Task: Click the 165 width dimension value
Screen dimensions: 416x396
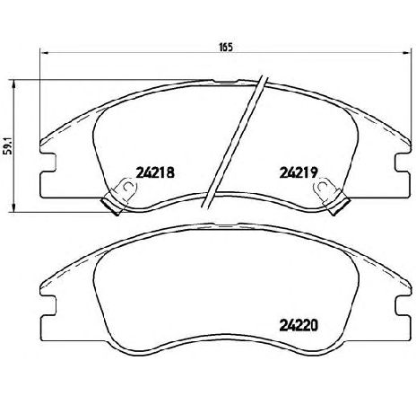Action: click(226, 48)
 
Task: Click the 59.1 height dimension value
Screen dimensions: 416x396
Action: click(8, 145)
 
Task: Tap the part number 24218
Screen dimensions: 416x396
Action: click(155, 172)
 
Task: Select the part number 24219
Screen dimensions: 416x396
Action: click(299, 172)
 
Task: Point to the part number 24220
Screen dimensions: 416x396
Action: click(299, 326)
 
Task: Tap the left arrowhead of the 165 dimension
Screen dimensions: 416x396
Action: click(44, 53)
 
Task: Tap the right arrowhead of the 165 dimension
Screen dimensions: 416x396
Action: click(407, 53)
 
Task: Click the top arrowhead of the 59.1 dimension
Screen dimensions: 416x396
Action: click(13, 84)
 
